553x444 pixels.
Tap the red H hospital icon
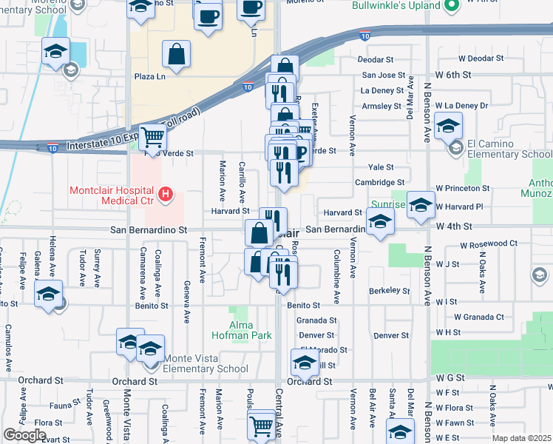pos(166,195)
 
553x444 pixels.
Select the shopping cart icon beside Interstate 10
pos(152,136)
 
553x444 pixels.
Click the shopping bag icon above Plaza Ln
pos(177,53)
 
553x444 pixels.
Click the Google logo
pos(24,435)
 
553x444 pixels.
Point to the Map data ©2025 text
pos(521,438)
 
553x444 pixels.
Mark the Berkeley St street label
pos(390,291)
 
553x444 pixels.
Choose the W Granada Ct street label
pos(479,317)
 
